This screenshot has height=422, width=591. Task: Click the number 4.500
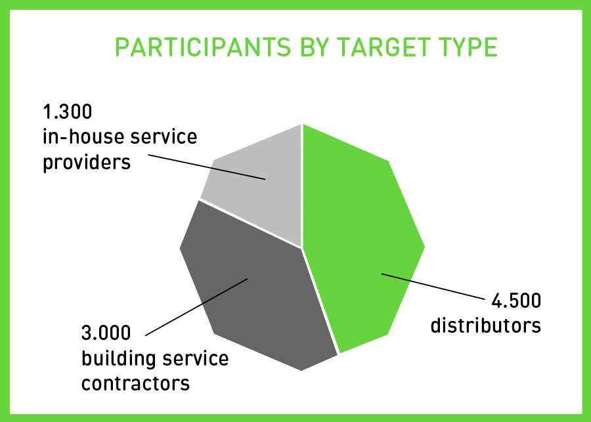click(516, 301)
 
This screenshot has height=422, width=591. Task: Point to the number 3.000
click(106, 333)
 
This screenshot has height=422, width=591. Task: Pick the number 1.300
click(68, 112)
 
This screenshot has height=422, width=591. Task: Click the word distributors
click(486, 325)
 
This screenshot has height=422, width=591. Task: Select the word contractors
click(136, 383)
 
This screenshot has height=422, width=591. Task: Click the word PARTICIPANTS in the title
click(203, 47)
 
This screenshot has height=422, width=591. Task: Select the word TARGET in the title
click(383, 47)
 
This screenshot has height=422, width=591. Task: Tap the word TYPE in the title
click(468, 47)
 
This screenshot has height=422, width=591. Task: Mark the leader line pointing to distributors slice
click(433, 287)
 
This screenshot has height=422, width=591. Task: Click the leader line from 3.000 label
click(196, 306)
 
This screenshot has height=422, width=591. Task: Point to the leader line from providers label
click(207, 167)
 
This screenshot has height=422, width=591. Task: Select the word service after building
click(196, 359)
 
